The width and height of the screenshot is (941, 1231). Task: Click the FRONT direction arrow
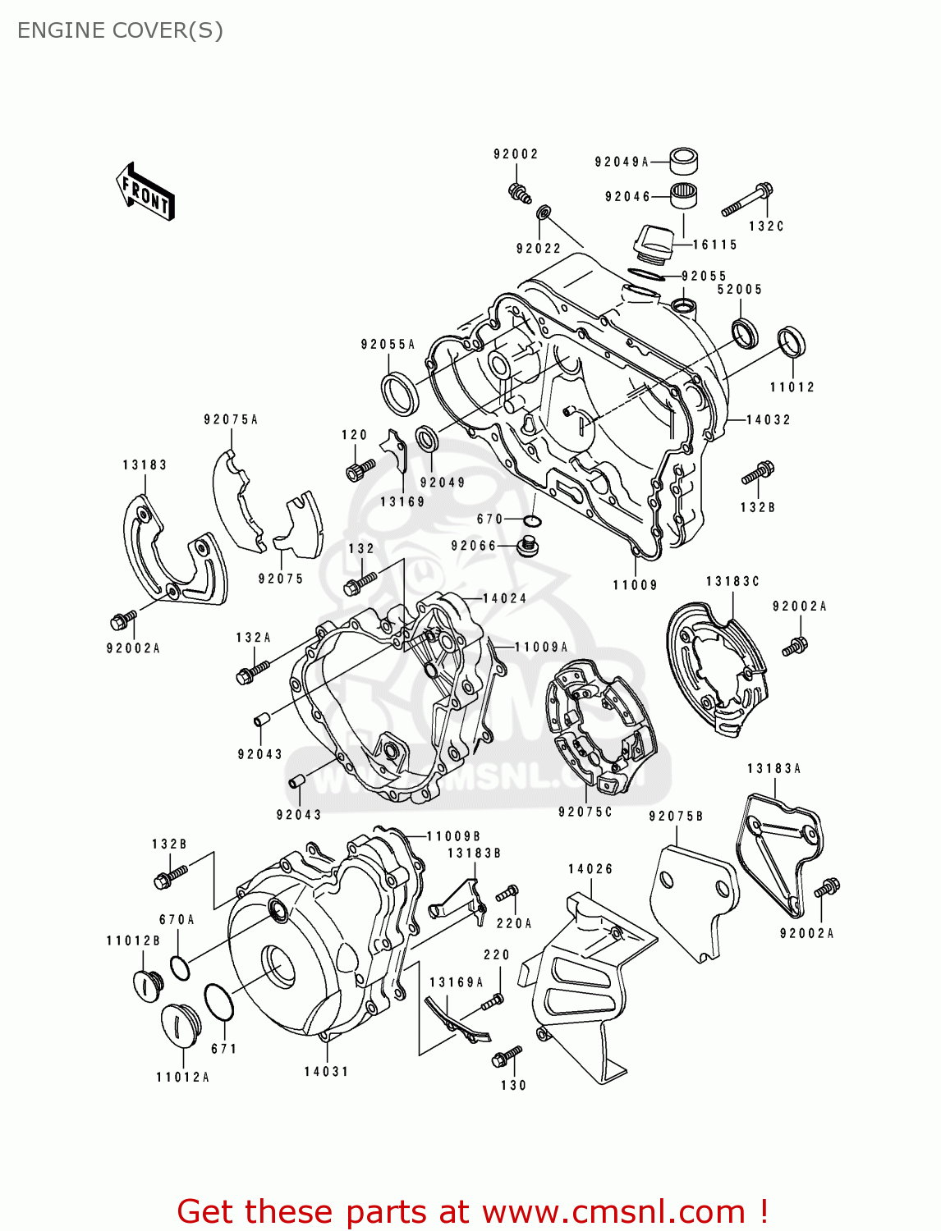click(145, 191)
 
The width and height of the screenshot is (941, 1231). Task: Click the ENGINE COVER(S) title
click(120, 30)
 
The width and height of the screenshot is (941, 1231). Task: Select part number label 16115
click(714, 245)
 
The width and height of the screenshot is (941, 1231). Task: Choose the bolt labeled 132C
click(747, 199)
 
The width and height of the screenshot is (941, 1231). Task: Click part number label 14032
click(768, 419)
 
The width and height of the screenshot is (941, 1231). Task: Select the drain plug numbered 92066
click(527, 546)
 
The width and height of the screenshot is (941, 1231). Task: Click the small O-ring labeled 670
click(533, 521)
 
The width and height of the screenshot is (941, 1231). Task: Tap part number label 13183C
click(732, 582)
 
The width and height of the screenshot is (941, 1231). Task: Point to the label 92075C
click(585, 812)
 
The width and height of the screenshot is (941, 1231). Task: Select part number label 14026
click(590, 869)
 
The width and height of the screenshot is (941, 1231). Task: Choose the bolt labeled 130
click(506, 1056)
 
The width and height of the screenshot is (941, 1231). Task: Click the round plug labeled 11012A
click(180, 1027)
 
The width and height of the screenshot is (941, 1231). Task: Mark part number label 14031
click(327, 1071)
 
